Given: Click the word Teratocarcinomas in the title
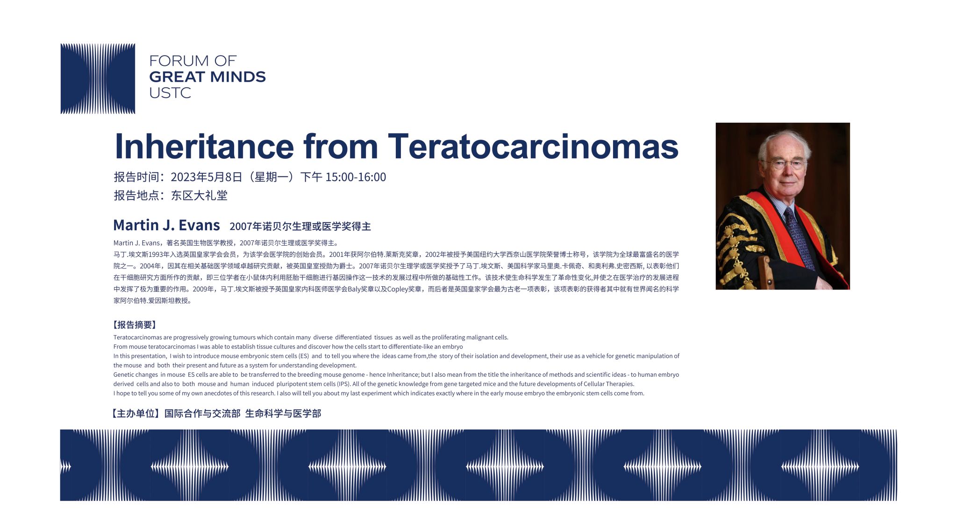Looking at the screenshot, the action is pyautogui.click(x=533, y=146).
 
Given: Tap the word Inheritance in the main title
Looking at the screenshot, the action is pyautogui.click(x=204, y=146).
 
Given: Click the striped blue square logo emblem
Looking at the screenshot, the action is pyautogui.click(x=98, y=78).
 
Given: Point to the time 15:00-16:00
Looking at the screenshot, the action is pyautogui.click(x=356, y=177).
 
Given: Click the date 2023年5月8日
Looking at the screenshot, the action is pyautogui.click(x=207, y=177).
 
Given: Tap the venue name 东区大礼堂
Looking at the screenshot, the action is pyautogui.click(x=199, y=195).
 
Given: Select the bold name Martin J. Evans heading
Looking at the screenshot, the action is pyautogui.click(x=166, y=225).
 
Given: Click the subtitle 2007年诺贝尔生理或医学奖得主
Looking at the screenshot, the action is pyautogui.click(x=300, y=226).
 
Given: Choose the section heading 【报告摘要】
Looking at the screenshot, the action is pyautogui.click(x=135, y=325).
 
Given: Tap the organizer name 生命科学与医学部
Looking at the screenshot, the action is pyautogui.click(x=283, y=414).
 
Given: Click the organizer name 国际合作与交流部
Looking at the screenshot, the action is pyautogui.click(x=202, y=414).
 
